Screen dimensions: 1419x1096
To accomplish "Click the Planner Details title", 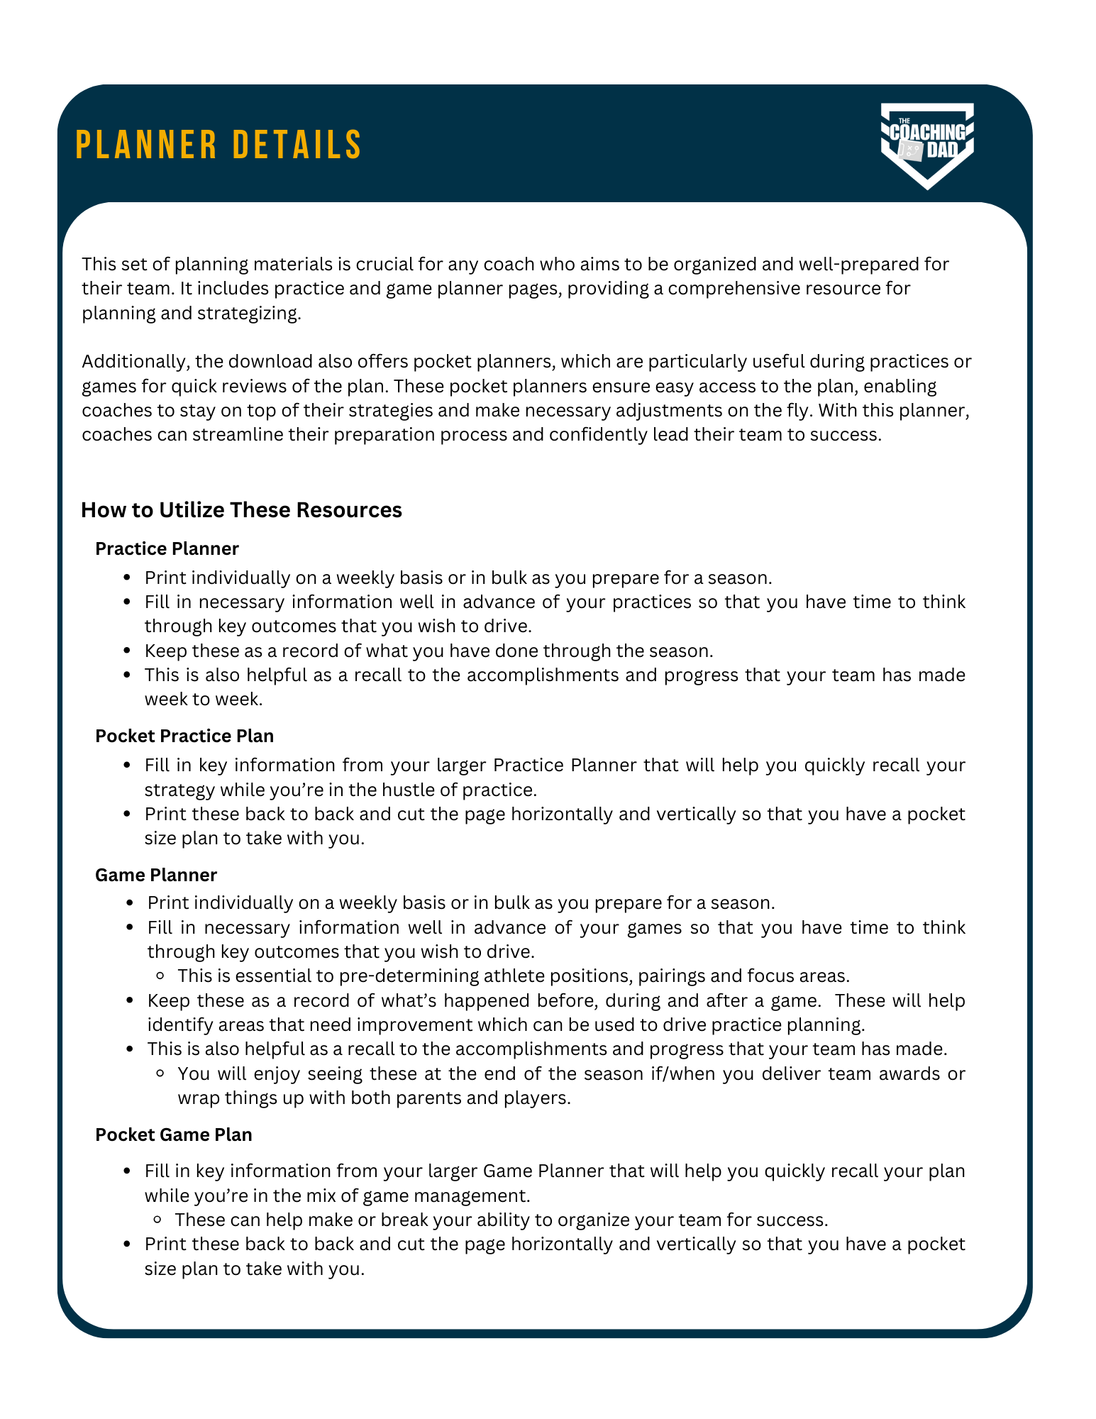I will click(218, 145).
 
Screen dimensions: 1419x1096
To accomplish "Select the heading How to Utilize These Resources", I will click(241, 510).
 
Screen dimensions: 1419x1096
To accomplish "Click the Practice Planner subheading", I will click(167, 548).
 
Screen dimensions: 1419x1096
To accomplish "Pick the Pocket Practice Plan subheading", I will click(184, 736).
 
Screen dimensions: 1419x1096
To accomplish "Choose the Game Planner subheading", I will click(156, 875).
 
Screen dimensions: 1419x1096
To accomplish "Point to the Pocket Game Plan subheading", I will click(174, 1134).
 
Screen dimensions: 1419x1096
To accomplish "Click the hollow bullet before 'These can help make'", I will click(159, 1220).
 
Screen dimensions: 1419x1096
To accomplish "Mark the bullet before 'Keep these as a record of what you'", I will click(128, 651).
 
